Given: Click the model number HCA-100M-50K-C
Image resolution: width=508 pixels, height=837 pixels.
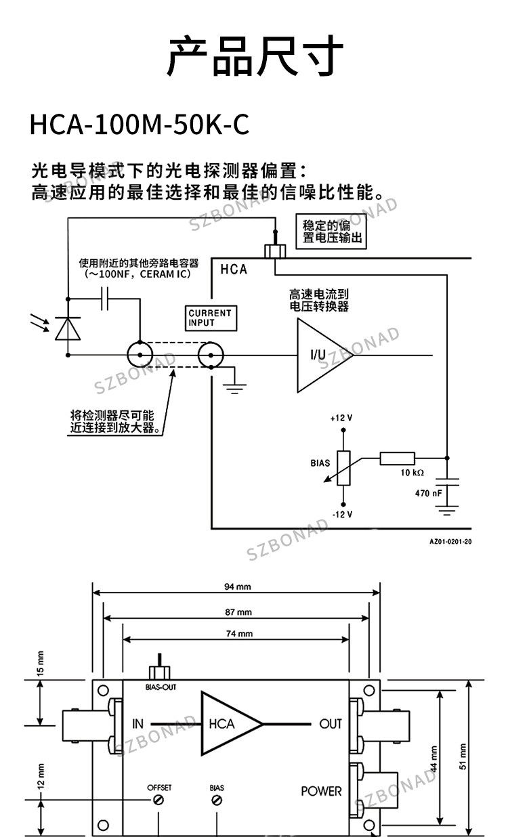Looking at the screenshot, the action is (x=139, y=125).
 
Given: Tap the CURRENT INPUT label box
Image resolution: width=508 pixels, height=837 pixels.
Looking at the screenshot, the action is (x=211, y=318).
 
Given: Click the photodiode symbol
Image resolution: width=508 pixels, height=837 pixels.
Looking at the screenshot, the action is (x=68, y=328).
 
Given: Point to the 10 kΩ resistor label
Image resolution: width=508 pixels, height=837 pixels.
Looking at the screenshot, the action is (x=412, y=473).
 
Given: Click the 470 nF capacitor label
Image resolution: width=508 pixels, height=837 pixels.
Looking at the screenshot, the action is (x=428, y=493).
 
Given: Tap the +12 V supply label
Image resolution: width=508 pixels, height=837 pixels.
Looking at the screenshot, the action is (x=341, y=418).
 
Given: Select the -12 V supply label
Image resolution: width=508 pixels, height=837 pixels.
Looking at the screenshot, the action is (x=342, y=515).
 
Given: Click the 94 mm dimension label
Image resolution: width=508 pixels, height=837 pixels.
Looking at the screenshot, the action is (x=237, y=586).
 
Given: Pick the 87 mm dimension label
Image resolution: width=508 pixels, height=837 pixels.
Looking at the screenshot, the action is (x=238, y=612).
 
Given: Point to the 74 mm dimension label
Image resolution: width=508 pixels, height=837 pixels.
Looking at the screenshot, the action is (x=239, y=634).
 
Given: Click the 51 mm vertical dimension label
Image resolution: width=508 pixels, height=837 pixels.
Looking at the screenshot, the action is (x=463, y=756).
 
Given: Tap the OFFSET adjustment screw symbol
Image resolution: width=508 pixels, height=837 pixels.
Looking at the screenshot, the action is (x=158, y=800).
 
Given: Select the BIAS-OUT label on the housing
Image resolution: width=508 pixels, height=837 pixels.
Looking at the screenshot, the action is (x=161, y=687).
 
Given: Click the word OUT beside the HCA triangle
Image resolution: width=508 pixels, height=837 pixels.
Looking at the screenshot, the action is (x=331, y=724).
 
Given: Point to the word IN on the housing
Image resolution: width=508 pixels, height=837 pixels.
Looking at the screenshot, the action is (x=137, y=724).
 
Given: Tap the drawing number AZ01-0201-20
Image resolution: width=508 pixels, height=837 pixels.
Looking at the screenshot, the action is (x=450, y=542).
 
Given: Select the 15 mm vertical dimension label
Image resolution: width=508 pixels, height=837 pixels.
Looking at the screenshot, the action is (x=41, y=663).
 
